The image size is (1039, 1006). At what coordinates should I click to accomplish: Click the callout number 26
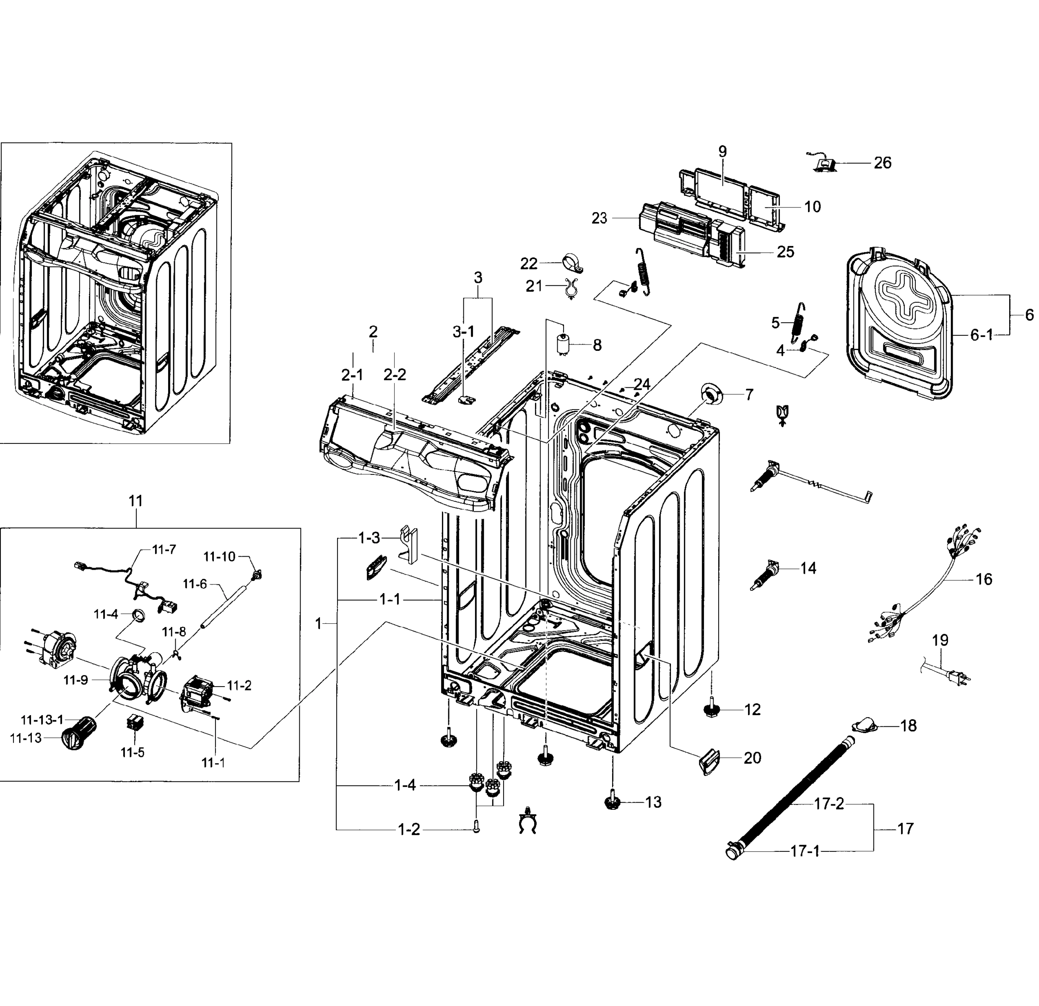tap(882, 163)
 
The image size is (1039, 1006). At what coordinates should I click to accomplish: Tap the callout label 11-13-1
tap(42, 720)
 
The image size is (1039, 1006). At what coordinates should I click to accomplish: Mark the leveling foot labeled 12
tap(712, 709)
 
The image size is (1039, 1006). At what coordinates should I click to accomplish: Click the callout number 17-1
tap(805, 851)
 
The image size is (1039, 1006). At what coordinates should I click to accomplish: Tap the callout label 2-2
tap(395, 375)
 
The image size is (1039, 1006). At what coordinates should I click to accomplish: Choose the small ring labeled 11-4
tap(140, 615)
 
